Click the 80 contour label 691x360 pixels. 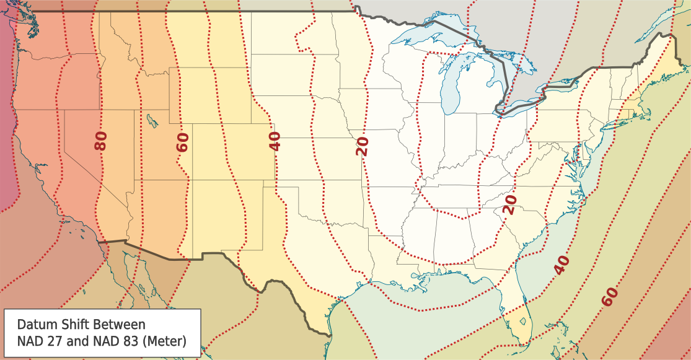[101, 141]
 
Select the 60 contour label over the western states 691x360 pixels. [182, 142]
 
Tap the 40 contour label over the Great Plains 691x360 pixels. [275, 141]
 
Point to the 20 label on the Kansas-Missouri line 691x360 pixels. [363, 146]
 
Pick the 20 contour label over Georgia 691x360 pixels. [509, 204]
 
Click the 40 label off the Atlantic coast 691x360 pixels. [561, 265]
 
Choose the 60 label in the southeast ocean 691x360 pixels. [610, 297]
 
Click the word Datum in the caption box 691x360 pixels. [37, 325]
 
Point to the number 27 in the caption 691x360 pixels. [56, 340]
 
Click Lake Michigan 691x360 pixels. [451, 87]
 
